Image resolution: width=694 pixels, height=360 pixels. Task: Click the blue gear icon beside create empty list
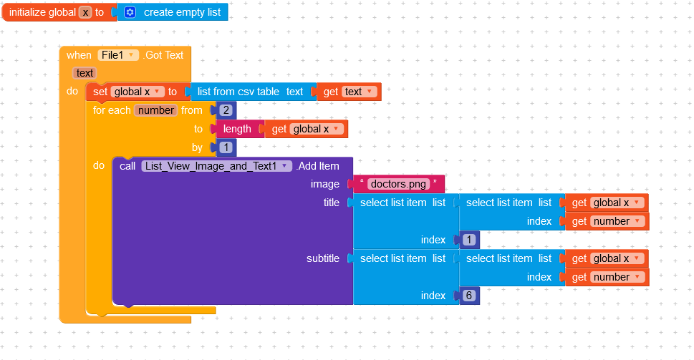(130, 12)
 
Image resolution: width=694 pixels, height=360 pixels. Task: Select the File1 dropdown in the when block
(118, 55)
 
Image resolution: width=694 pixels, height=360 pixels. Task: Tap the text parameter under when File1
(85, 73)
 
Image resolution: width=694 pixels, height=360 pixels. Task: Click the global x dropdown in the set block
(136, 92)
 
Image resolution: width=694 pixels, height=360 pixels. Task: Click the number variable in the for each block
(156, 110)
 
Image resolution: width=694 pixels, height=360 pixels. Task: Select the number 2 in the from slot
(226, 110)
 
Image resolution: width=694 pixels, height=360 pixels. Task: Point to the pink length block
(237, 129)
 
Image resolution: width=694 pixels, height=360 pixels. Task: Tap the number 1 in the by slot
(226, 147)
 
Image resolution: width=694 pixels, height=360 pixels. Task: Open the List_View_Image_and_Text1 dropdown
(217, 166)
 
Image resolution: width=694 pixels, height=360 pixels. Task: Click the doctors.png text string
(398, 184)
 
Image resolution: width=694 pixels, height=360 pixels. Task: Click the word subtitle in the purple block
(323, 258)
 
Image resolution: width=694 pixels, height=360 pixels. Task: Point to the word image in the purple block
(324, 184)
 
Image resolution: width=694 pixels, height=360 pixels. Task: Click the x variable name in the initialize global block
(86, 12)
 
